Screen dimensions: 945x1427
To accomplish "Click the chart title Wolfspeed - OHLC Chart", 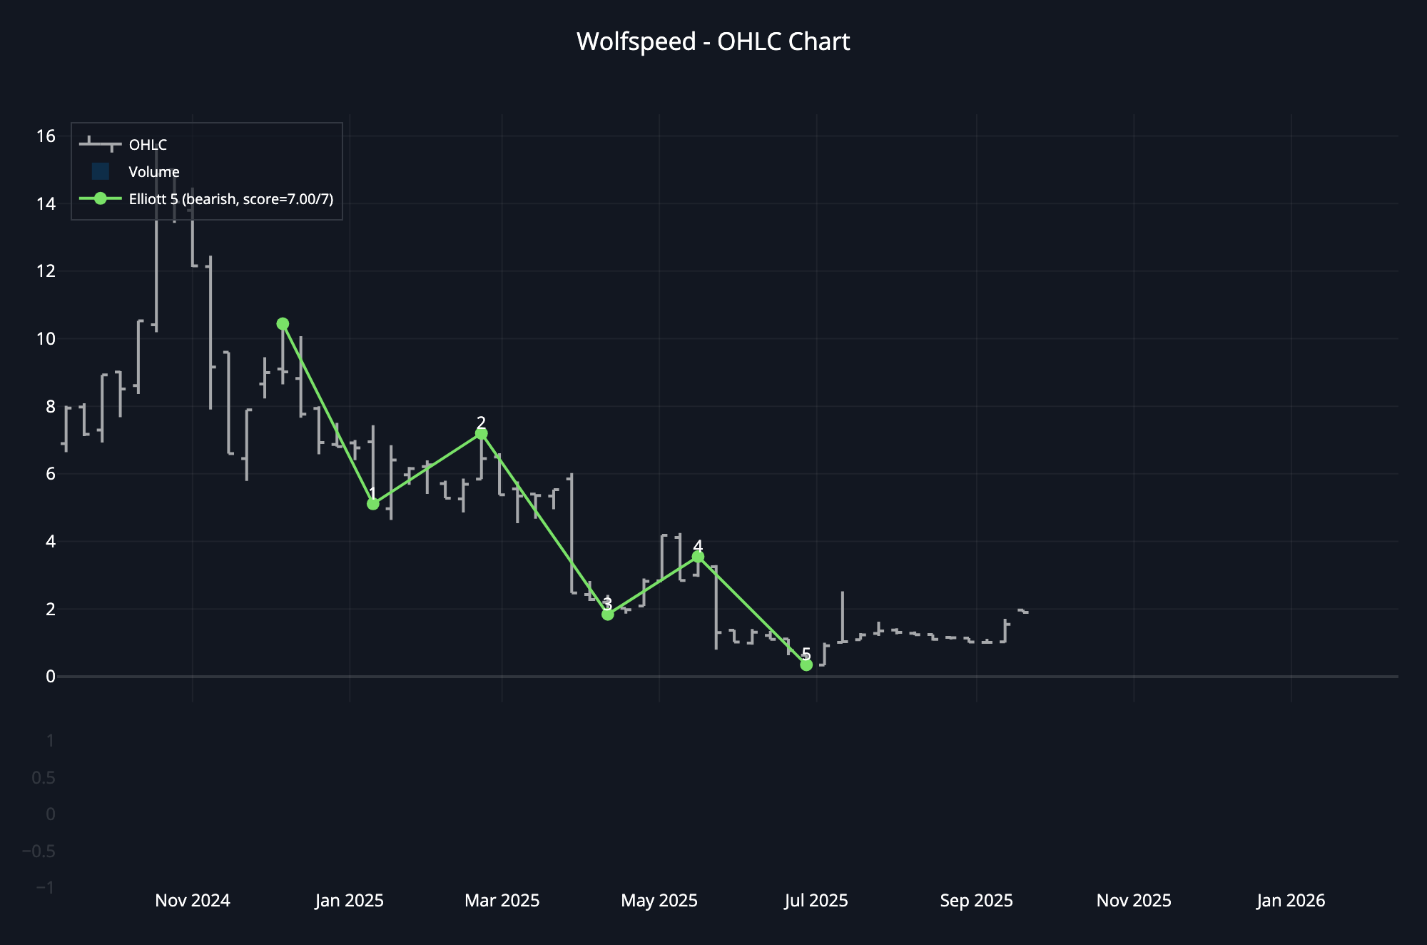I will click(713, 41).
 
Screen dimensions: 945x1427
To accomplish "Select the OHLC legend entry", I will click(148, 145).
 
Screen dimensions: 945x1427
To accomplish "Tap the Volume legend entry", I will click(153, 172).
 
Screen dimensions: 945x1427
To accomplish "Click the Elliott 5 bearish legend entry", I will click(230, 199).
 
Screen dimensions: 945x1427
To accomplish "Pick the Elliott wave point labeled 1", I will click(372, 504).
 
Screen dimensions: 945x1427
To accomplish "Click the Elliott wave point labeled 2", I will click(481, 434).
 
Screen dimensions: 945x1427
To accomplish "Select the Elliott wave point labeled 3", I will click(607, 615).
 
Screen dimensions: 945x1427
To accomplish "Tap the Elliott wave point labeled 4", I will click(698, 557).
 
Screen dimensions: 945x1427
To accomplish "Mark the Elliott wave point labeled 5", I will click(806, 665).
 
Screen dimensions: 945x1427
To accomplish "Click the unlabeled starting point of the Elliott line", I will click(283, 324).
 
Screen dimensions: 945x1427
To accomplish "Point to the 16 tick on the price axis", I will click(46, 136).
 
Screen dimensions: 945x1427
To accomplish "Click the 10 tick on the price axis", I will click(46, 339).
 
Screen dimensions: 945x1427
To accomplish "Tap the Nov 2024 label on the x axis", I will click(193, 901).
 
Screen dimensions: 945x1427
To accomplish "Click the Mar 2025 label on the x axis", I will click(502, 901).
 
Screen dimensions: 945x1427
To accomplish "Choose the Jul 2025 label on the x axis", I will click(816, 901).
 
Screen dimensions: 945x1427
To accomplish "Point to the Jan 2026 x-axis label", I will click(1291, 901).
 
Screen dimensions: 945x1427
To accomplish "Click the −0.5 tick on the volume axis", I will click(39, 851).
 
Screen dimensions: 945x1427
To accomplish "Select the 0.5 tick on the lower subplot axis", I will click(44, 777).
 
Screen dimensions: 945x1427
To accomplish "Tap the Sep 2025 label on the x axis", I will click(976, 901).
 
